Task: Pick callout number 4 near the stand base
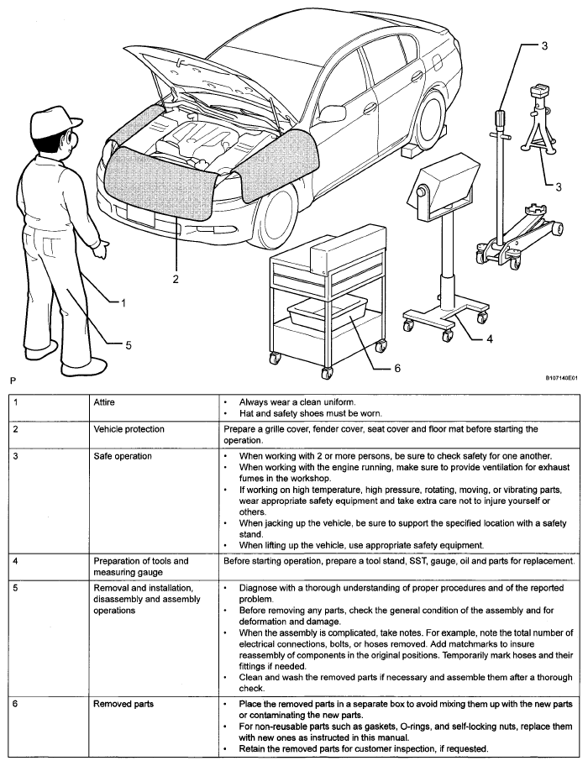(x=490, y=340)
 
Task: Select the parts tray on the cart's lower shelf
(x=328, y=314)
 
